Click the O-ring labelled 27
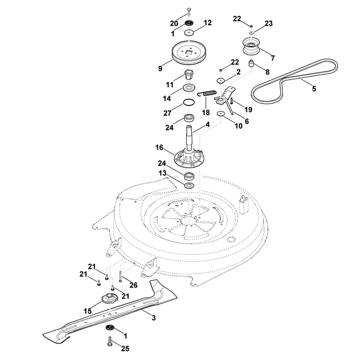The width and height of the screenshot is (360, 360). (189, 102)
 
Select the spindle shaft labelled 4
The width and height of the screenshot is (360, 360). (189, 138)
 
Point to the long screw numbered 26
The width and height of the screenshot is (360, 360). (120, 277)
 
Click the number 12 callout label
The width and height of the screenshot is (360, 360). (208, 23)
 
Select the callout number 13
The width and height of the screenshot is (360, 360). (163, 173)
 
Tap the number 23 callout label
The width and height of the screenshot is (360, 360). (268, 24)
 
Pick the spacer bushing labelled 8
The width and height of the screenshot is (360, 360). (251, 63)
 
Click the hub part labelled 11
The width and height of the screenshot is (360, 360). (189, 74)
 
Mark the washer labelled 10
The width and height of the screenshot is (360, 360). (221, 114)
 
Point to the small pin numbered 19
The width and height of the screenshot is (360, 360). (231, 101)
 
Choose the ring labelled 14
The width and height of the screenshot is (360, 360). (189, 88)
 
